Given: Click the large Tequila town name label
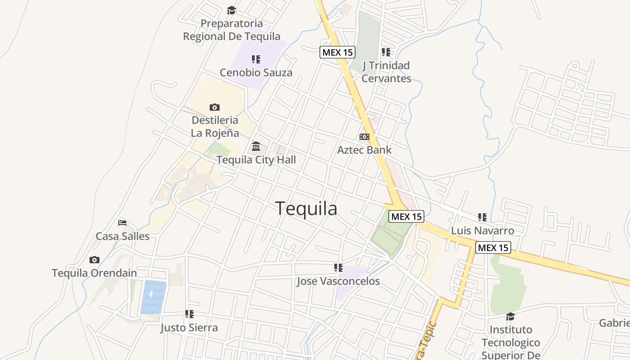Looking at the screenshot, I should [x=306, y=209].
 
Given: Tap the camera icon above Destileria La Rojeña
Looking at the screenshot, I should [x=215, y=107].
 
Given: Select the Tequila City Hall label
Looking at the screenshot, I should [x=256, y=160].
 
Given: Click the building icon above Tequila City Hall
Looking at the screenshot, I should [x=256, y=146].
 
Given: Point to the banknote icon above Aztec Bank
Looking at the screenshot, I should [x=364, y=137].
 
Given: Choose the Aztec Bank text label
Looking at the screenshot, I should [x=364, y=150].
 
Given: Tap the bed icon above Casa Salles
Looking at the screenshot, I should [x=122, y=223].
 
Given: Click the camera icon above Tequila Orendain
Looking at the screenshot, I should [x=94, y=260].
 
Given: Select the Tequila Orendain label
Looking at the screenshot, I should [x=94, y=273].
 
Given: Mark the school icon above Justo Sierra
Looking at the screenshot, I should [x=189, y=314].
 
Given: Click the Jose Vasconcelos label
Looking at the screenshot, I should [x=338, y=282].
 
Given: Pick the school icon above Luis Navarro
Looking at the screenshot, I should [x=482, y=218].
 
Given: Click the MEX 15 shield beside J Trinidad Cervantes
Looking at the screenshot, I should [x=337, y=52].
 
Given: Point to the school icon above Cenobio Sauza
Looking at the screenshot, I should [x=256, y=59].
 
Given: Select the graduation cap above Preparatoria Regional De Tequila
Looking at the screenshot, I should [x=231, y=10].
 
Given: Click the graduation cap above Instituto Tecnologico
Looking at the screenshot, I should [x=510, y=316].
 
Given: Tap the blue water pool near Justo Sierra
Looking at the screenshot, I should [x=153, y=297].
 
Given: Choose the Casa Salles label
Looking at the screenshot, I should [x=122, y=236].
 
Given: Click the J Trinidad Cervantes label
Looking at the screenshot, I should [x=386, y=72].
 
